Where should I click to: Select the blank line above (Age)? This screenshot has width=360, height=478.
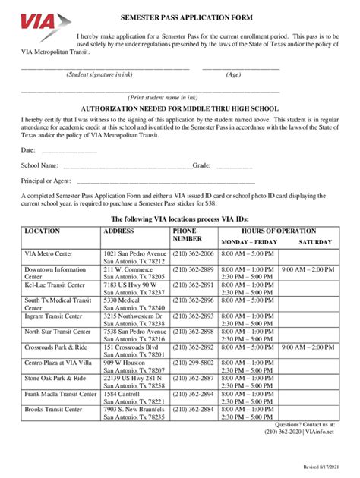point(241,68)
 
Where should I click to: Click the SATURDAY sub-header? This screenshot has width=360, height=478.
point(314,242)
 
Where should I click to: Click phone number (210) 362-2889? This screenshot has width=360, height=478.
point(194,269)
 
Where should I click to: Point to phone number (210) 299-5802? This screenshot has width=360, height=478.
point(194,363)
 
